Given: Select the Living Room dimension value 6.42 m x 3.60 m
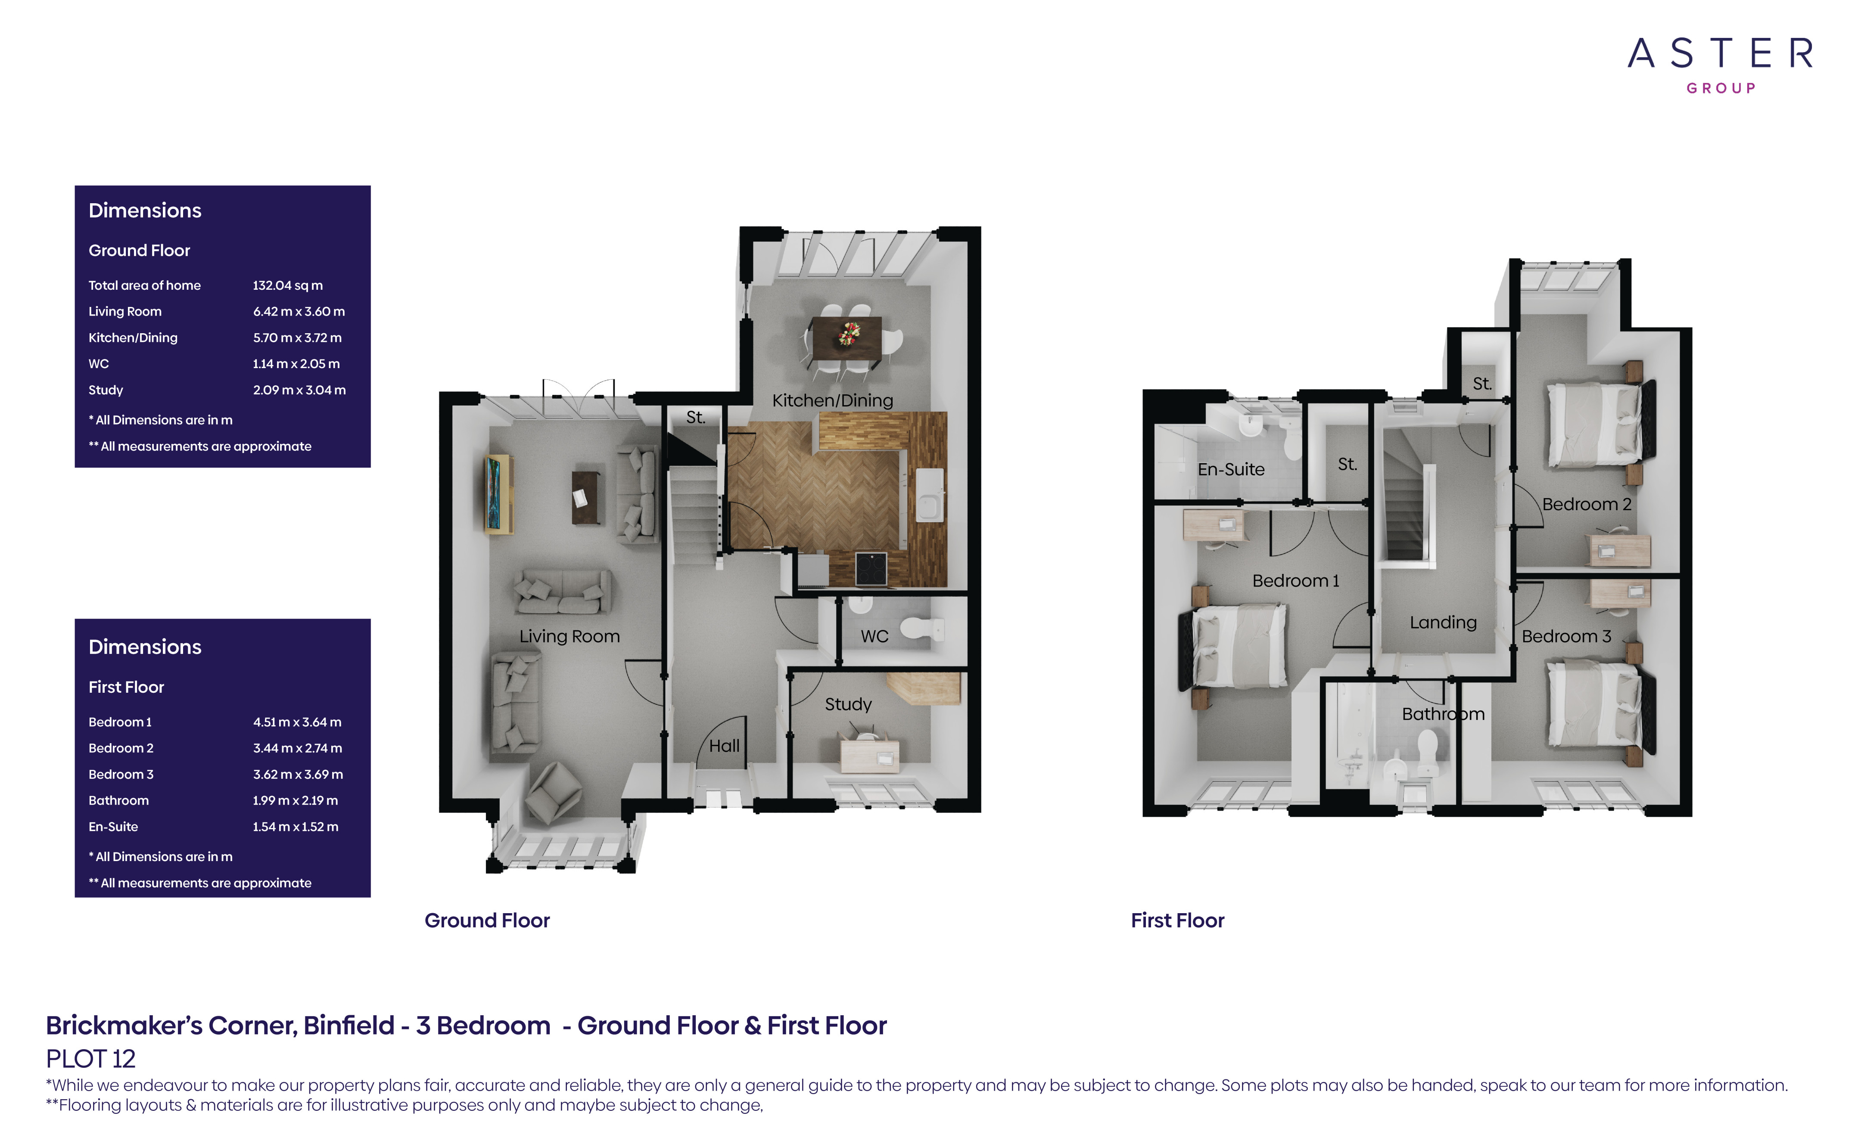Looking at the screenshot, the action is click(x=299, y=311).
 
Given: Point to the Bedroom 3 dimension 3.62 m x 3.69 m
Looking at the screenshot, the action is click(x=298, y=775).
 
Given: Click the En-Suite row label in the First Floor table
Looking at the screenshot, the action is click(x=113, y=827).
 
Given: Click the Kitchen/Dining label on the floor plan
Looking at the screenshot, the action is click(x=832, y=400).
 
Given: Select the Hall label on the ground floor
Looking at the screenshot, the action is click(x=724, y=746).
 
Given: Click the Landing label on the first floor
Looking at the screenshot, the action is click(x=1443, y=622).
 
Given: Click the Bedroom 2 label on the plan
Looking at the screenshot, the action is click(x=1587, y=504).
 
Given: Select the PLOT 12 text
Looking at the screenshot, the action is click(x=90, y=1059).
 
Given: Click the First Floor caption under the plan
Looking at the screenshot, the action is click(x=1177, y=920).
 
